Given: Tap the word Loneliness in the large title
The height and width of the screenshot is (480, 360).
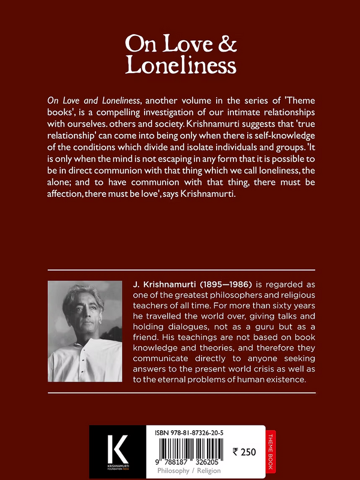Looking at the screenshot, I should point(179,65).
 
